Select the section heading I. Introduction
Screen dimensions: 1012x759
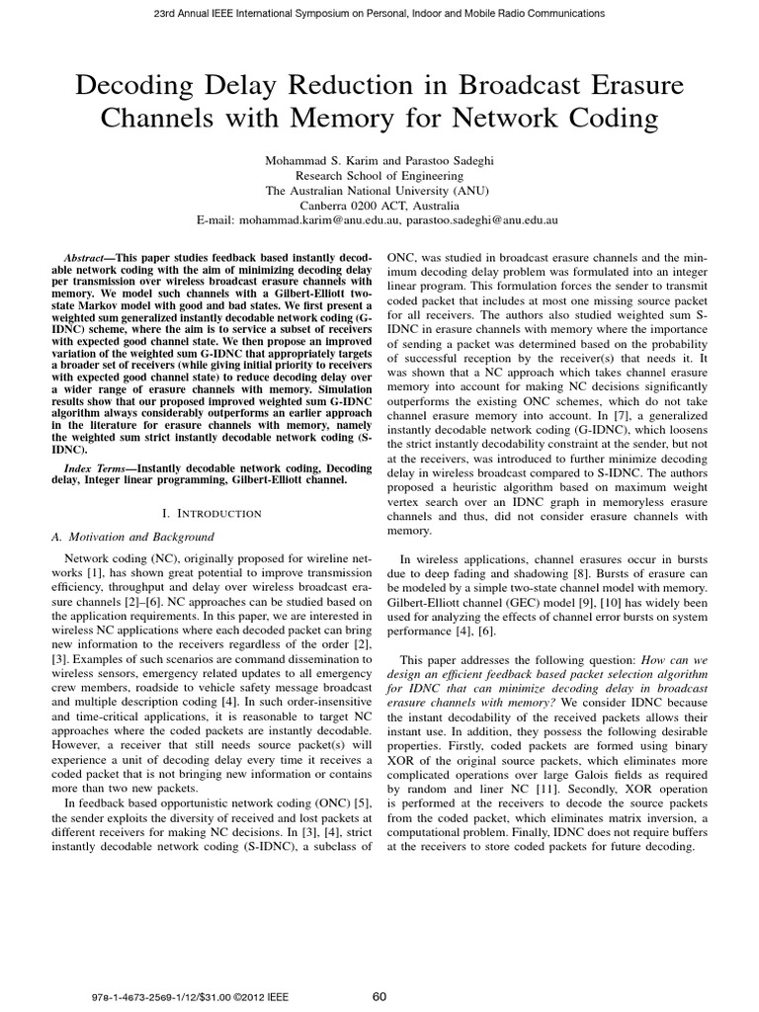pyautogui.click(x=211, y=513)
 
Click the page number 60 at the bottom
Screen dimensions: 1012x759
pyautogui.click(x=379, y=996)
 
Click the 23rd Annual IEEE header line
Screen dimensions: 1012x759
pyautogui.click(x=379, y=13)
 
